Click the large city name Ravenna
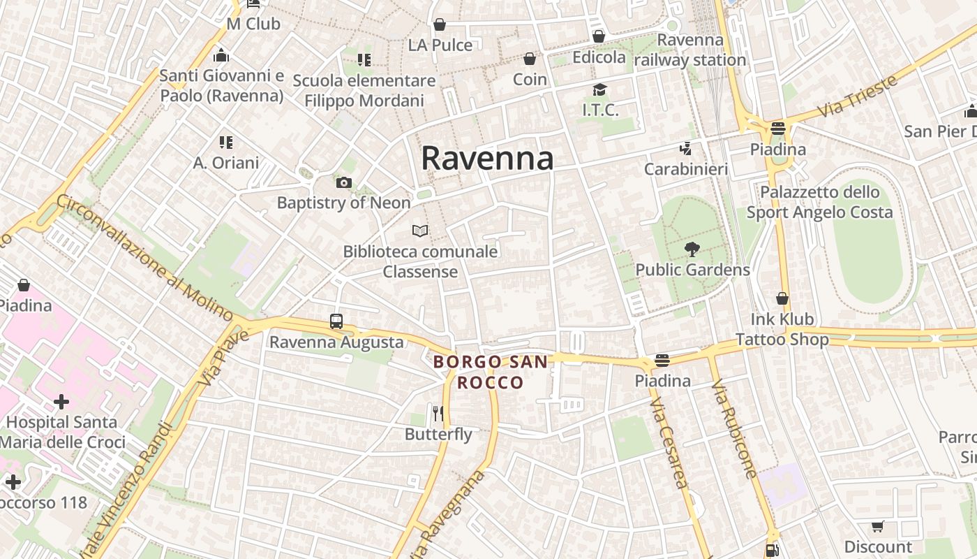487,159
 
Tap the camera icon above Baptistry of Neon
343,183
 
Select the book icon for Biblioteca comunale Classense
420,231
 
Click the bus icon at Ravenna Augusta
336,321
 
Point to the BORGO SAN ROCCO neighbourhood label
490,372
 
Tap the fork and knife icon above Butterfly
438,414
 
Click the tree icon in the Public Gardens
692,249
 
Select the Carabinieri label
685,169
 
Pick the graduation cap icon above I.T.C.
599,89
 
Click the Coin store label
530,80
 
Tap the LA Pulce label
440,45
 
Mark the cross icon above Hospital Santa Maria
61,402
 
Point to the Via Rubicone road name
734,429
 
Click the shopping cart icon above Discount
878,526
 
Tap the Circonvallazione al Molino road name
145,257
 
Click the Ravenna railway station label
690,50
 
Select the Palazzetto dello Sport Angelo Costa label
820,202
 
